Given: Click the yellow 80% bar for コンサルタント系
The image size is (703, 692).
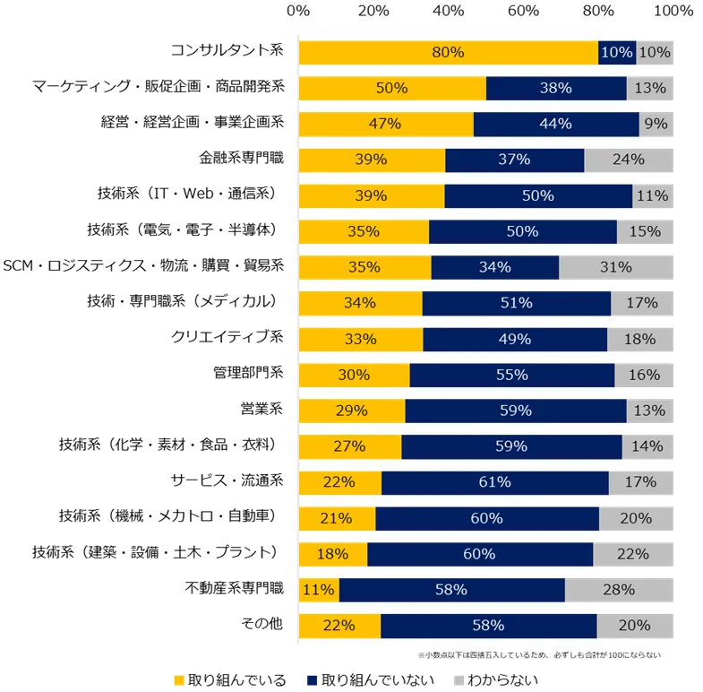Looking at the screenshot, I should click(x=448, y=53).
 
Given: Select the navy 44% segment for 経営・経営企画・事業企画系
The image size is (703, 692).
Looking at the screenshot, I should click(x=556, y=125).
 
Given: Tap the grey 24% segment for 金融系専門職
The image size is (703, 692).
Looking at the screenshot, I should click(x=629, y=160).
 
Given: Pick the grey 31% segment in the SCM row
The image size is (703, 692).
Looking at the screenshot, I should click(x=616, y=267).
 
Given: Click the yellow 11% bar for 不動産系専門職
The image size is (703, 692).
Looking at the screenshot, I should click(x=319, y=590).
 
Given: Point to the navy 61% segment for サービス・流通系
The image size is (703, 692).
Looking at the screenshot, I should click(x=495, y=482).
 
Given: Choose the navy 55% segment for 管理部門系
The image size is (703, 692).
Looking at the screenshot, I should click(x=512, y=375).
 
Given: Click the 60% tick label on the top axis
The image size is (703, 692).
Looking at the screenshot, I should click(x=523, y=12).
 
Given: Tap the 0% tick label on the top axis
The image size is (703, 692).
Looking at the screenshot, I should click(x=298, y=12).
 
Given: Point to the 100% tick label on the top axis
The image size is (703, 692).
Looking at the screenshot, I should click(x=673, y=12).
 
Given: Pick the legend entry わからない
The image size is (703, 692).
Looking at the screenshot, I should click(x=496, y=680).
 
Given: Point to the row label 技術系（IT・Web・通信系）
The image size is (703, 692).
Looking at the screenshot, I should click(x=190, y=195).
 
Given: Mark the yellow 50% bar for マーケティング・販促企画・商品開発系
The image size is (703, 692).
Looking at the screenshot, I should click(x=392, y=89).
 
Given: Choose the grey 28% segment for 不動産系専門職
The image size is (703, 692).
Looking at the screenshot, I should click(x=619, y=590).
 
